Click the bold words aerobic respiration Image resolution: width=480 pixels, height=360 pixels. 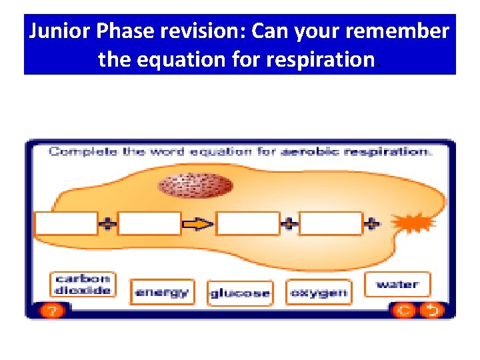point(356,152)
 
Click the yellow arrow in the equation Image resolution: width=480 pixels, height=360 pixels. point(198,225)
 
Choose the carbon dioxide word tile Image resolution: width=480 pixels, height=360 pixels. point(83,285)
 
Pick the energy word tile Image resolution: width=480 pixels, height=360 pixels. point(162,292)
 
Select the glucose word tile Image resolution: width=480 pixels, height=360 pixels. point(240,293)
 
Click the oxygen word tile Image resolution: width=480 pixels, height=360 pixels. point(319,292)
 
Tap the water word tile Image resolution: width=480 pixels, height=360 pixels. point(397,285)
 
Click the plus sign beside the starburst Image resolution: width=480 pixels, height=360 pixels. point(373,224)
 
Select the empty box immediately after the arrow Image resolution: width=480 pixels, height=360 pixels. point(248,224)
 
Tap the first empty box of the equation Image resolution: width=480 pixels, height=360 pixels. point(66,224)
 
